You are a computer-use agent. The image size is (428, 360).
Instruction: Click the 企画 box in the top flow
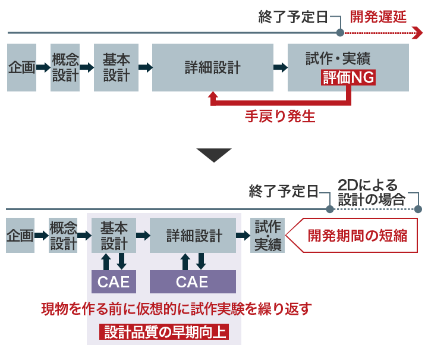click(21, 67)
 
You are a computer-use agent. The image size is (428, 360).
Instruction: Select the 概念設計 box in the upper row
click(65, 67)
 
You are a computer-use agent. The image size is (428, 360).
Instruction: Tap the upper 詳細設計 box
click(212, 67)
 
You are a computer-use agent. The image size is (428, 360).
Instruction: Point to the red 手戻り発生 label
click(279, 117)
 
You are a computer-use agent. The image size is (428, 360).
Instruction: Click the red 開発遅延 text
click(378, 16)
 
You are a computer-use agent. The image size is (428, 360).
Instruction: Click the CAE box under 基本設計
click(114, 281)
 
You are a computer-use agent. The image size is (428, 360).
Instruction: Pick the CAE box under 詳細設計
click(193, 281)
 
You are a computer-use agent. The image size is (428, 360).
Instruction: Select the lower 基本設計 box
click(114, 235)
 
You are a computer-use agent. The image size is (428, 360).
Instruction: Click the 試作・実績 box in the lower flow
click(267, 235)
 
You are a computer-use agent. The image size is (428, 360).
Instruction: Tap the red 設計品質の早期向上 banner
click(165, 331)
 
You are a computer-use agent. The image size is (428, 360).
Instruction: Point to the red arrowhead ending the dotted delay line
click(417, 33)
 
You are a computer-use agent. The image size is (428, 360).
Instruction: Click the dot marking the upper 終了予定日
click(340, 33)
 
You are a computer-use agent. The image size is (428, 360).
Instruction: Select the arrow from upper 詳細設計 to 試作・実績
click(277, 67)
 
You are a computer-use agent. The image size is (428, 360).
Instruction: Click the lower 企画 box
click(20, 235)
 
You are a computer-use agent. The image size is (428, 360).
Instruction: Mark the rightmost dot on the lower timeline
click(418, 209)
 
